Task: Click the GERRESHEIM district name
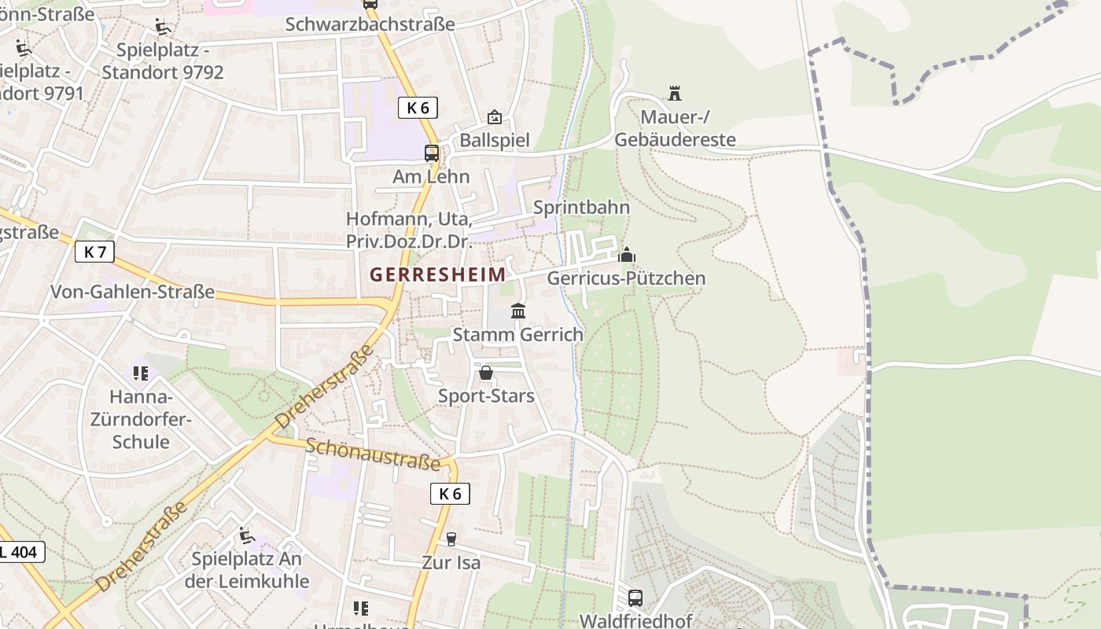coord(438,274)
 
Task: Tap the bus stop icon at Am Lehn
coord(432,153)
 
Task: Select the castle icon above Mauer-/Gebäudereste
coord(674,94)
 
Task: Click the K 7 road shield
coord(95,252)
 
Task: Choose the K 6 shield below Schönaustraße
coord(450,494)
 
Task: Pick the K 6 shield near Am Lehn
coord(418,108)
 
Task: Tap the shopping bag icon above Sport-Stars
coord(486,373)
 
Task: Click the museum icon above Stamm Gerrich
coord(518,311)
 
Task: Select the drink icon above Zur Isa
coord(451,539)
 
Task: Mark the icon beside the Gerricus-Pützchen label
coord(627,256)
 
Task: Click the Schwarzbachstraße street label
coord(370,24)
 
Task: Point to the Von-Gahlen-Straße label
coord(132,292)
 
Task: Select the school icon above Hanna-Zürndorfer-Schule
coord(141,373)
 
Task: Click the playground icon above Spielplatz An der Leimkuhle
coord(246,535)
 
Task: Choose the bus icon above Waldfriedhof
coord(635,598)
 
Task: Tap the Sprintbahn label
coord(581,208)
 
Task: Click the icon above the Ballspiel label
coord(494,117)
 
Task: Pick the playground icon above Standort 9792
coord(162,28)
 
